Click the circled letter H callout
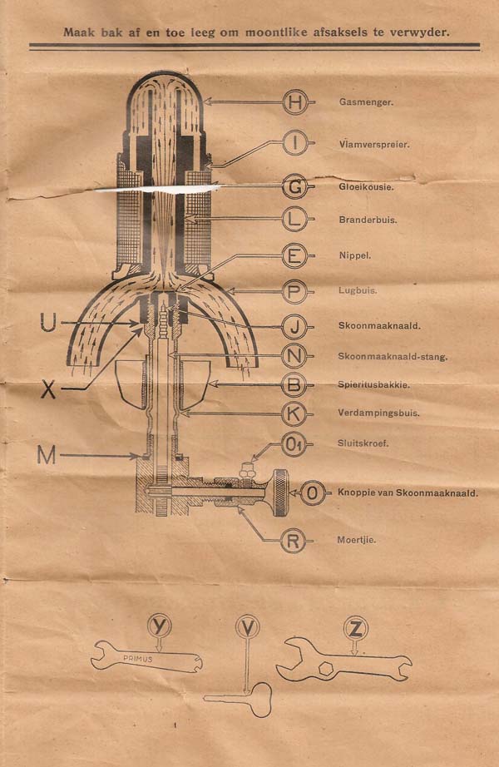click(x=295, y=102)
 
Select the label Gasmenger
click(x=366, y=102)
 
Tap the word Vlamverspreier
click(x=373, y=144)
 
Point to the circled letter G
click(x=295, y=187)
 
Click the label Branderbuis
click(x=368, y=220)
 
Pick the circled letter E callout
click(x=294, y=255)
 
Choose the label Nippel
click(x=354, y=255)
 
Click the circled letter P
click(x=294, y=291)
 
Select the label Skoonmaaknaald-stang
click(x=393, y=357)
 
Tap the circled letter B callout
click(x=294, y=385)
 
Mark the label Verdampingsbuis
click(x=378, y=413)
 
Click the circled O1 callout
click(x=294, y=445)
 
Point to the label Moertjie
click(x=357, y=540)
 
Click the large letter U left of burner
click(x=48, y=322)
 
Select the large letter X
click(x=48, y=389)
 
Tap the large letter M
click(x=47, y=456)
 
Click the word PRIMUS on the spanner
click(x=137, y=658)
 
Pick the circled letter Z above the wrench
click(x=356, y=629)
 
